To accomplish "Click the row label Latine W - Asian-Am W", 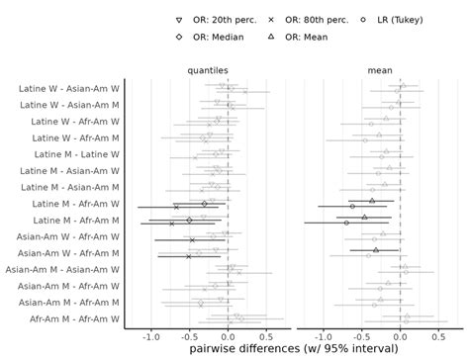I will (69, 88).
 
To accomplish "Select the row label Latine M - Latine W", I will (69, 154).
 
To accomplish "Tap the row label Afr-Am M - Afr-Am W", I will (69, 318).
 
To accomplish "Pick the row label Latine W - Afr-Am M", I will (69, 137).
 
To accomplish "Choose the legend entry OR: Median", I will (211, 37).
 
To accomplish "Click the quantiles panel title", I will (208, 70).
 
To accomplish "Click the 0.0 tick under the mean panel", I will (399, 335).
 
